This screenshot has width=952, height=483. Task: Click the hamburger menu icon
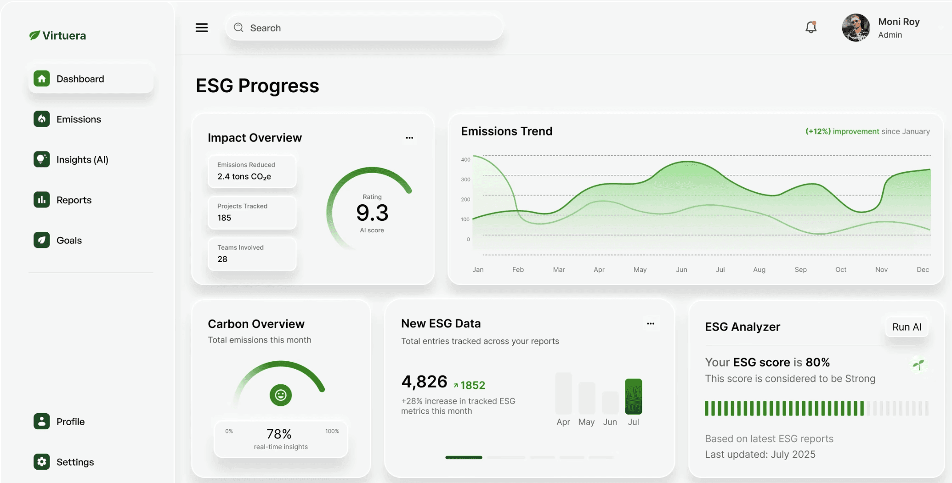202,28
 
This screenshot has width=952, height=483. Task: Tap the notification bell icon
811,28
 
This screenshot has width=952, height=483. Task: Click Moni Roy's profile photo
856,28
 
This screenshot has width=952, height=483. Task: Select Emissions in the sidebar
79,119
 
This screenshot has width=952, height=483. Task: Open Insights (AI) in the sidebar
82,160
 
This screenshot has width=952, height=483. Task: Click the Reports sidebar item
74,200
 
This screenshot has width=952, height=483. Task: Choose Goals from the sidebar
69,241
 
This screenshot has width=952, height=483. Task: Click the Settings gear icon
42,462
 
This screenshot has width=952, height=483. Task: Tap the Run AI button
907,327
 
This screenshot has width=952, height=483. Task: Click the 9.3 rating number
372,213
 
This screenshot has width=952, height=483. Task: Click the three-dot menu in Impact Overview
409,138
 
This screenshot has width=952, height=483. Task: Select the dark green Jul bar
633,396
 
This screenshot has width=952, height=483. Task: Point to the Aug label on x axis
759,270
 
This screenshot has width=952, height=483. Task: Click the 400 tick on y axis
465,160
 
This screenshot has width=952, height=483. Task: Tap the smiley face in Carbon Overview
281,395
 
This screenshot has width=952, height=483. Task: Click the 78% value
279,434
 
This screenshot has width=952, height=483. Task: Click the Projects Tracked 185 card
252,213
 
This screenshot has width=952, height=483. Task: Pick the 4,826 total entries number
424,382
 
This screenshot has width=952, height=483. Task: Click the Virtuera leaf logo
34,35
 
